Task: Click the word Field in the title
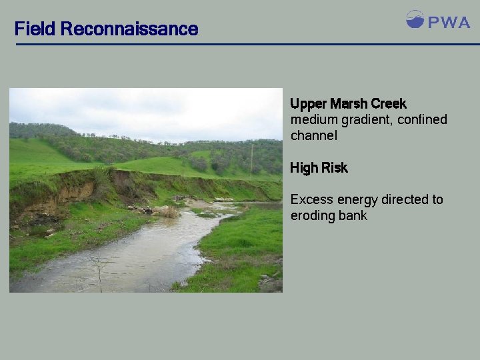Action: [x=35, y=29]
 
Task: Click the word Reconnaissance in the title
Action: [x=129, y=29]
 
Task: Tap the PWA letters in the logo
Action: [x=449, y=22]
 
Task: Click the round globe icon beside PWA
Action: [x=415, y=19]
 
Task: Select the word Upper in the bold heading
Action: [x=309, y=105]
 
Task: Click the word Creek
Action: [x=389, y=104]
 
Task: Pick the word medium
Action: [x=315, y=120]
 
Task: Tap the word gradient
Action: [x=369, y=120]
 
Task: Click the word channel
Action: [x=314, y=136]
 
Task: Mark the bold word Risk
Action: [x=335, y=168]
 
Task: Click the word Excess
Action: [x=312, y=199]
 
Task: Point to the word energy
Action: [x=357, y=200]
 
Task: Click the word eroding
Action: [x=314, y=216]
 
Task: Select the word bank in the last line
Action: [x=354, y=215]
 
